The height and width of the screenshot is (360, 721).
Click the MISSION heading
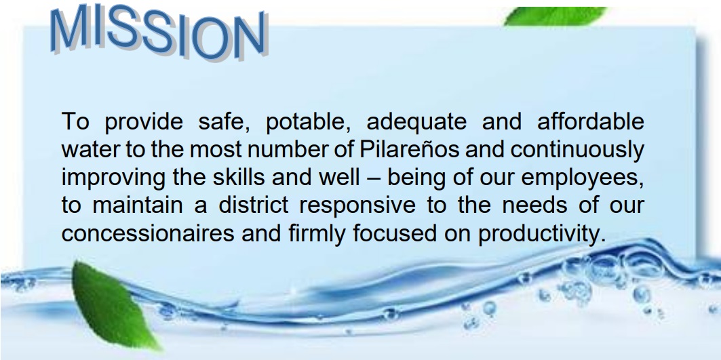(x=159, y=32)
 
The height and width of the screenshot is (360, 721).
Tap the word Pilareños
(x=409, y=149)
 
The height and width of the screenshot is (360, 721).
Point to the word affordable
(x=590, y=121)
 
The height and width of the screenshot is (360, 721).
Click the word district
(x=254, y=205)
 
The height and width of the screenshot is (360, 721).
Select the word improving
(x=113, y=178)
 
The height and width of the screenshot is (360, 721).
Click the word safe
(x=224, y=122)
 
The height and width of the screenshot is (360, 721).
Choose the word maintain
(x=138, y=205)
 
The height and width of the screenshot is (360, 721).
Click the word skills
(x=239, y=178)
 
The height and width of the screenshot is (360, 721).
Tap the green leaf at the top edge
(x=556, y=16)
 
